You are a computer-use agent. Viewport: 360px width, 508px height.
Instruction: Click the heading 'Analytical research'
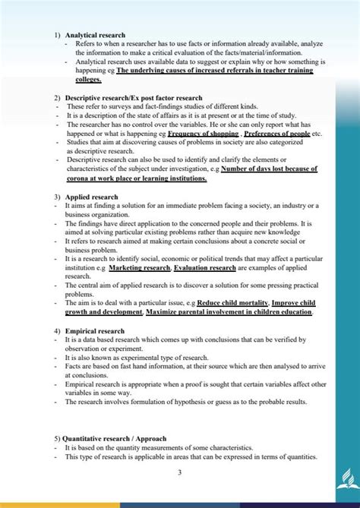tap(95, 36)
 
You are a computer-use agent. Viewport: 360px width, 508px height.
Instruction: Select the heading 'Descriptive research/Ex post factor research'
tap(134, 98)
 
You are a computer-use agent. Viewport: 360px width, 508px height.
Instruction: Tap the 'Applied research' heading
tap(91, 197)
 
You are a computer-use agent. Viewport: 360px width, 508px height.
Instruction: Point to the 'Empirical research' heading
tap(96, 330)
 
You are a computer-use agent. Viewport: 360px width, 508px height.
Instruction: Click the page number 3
tap(179, 473)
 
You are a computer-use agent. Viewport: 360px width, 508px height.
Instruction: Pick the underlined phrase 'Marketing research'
tap(140, 268)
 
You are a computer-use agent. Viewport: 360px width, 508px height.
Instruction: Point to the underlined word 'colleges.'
tap(88, 80)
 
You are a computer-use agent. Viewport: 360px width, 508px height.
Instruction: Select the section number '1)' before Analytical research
tap(58, 36)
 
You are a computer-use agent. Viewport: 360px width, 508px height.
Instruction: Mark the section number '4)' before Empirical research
tap(58, 330)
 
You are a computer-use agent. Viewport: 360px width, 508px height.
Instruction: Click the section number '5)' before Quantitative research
tap(58, 439)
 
